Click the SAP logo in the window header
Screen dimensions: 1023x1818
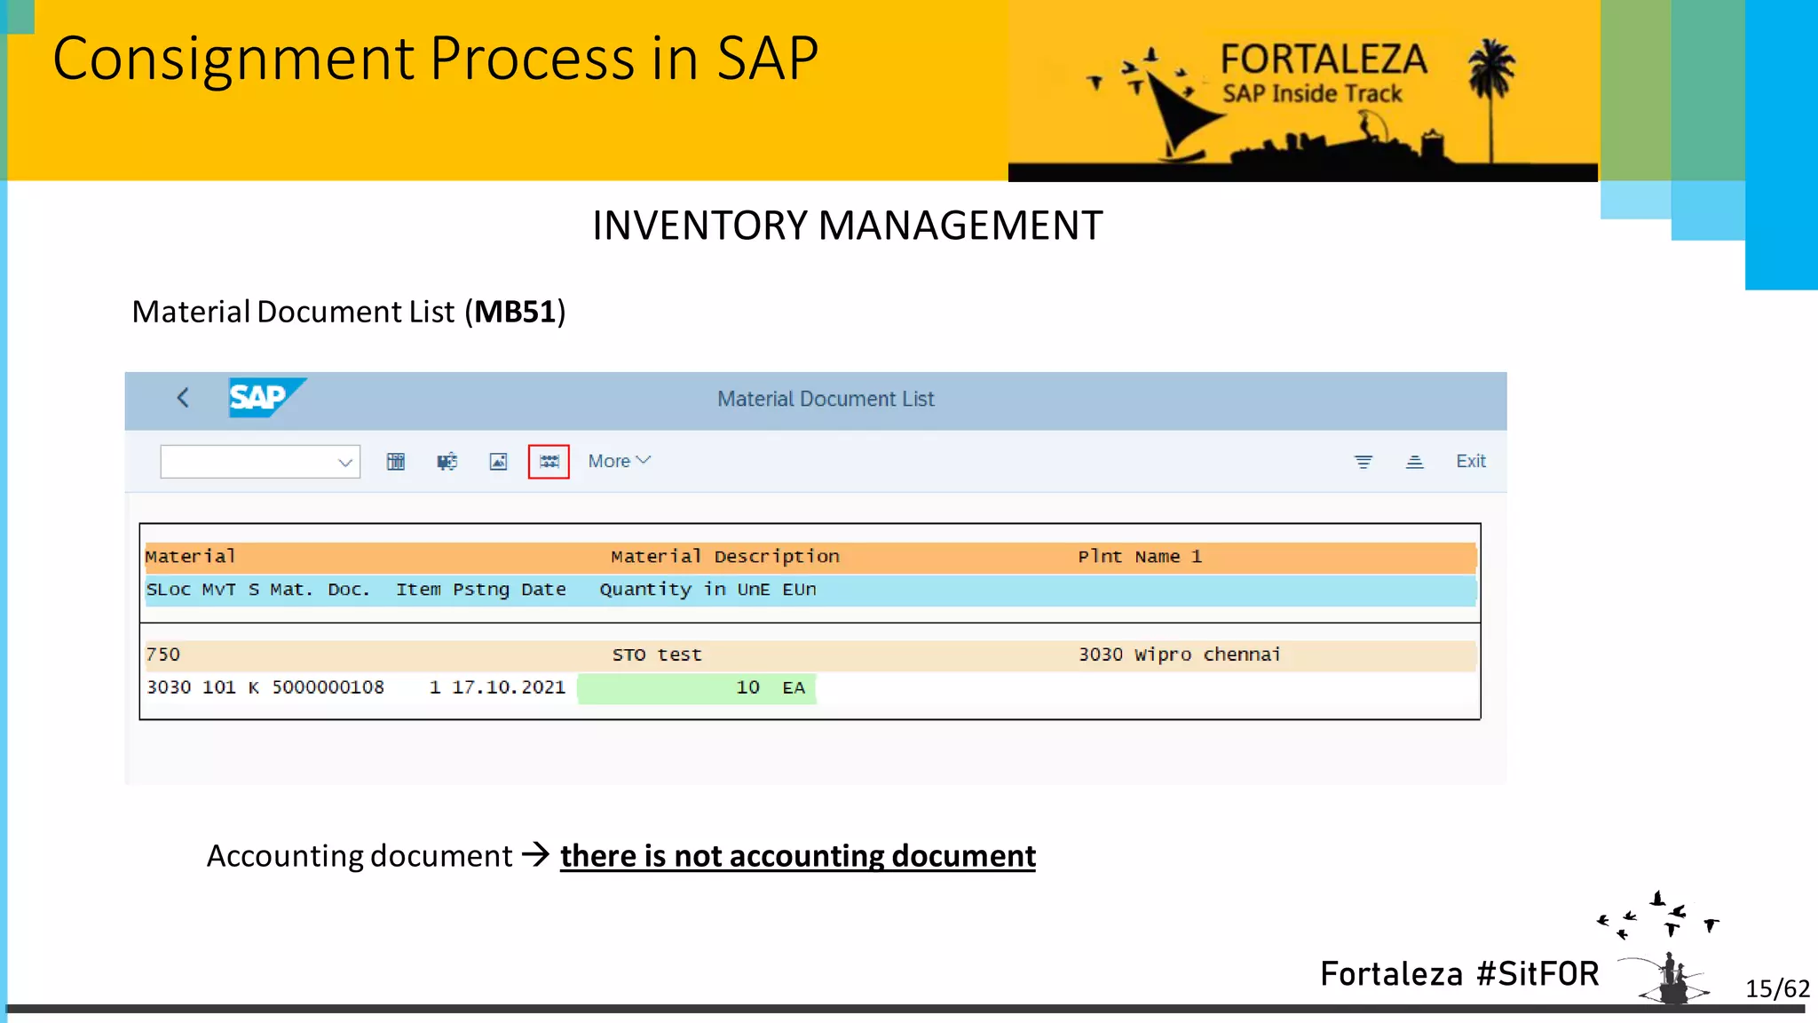click(x=265, y=397)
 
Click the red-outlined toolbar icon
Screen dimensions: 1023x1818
click(x=549, y=462)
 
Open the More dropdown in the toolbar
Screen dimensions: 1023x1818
click(x=619, y=461)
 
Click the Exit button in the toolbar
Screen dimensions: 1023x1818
click(x=1470, y=461)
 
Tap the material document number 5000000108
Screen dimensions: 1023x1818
click(x=328, y=687)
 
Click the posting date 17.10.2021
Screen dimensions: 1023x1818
click(x=509, y=687)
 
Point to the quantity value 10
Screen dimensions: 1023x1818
click(x=747, y=687)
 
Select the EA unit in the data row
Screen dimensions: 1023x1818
click(x=793, y=687)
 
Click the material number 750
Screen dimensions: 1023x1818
click(x=163, y=654)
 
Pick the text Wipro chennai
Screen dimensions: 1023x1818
click(x=1207, y=654)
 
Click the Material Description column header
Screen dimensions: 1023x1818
click(x=724, y=557)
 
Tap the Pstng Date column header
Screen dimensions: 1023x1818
click(x=509, y=590)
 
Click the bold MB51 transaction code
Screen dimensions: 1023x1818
click(x=515, y=312)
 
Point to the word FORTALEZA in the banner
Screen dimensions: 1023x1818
click(x=1323, y=59)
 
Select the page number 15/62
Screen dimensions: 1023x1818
click(x=1776, y=988)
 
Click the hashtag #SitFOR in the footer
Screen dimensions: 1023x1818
click(x=1537, y=974)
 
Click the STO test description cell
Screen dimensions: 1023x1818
click(x=657, y=654)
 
